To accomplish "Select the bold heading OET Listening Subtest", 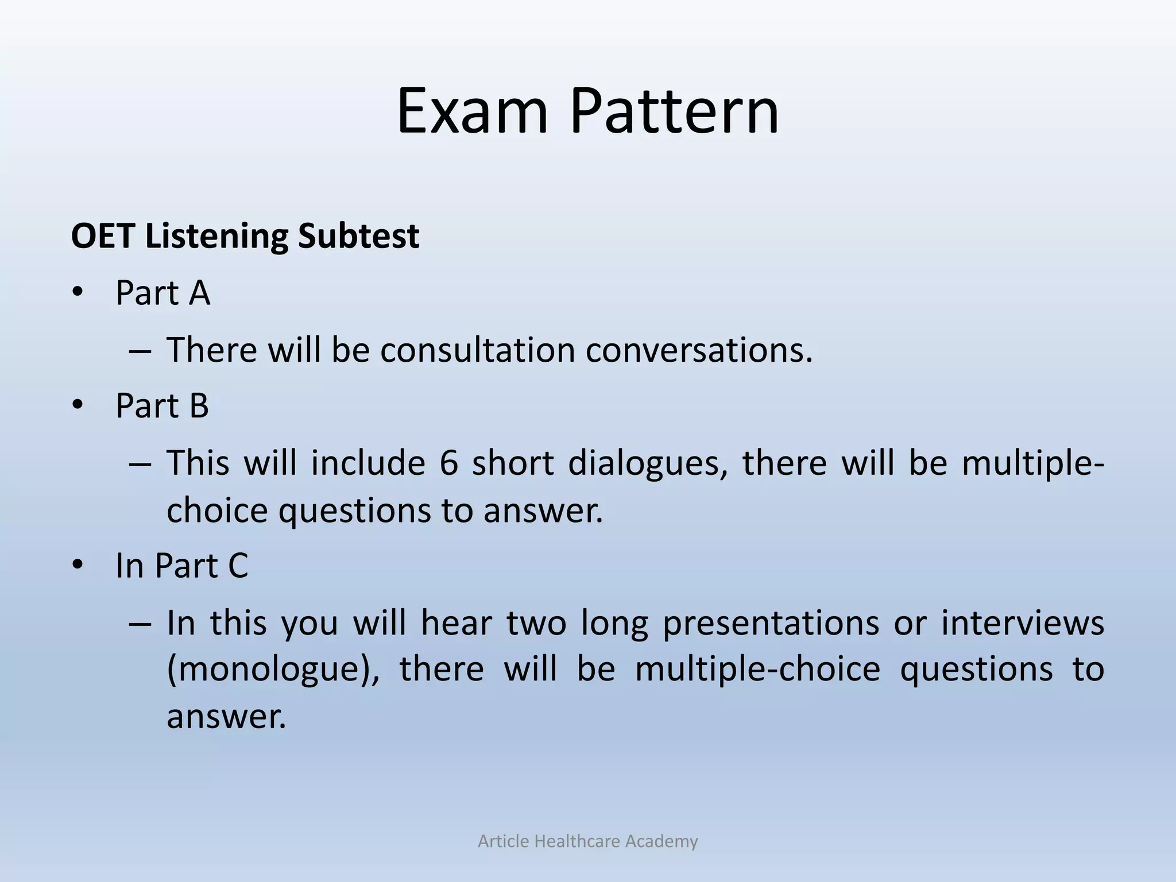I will click(245, 236).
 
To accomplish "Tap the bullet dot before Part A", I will click(78, 293).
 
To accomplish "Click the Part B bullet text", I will click(162, 405).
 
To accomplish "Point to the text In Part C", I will click(181, 566).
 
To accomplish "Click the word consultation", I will click(477, 350).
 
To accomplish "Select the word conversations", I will click(699, 350).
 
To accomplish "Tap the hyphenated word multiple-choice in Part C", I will click(757, 670).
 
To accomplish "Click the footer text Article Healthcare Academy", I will click(587, 841).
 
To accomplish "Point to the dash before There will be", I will click(140, 351).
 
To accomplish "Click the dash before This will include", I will click(140, 464).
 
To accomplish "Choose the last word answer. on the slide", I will click(226, 717).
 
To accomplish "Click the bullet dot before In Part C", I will click(78, 566).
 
